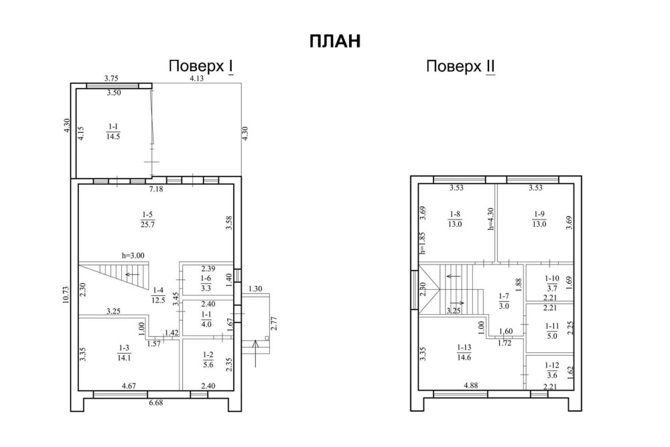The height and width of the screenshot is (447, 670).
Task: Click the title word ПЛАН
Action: (x=335, y=41)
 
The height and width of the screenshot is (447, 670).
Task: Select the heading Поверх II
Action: (x=461, y=66)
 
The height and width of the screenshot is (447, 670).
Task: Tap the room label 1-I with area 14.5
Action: (x=113, y=132)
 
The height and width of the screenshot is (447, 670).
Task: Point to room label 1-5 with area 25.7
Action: (x=147, y=219)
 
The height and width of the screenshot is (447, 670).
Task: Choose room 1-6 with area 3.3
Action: (x=206, y=283)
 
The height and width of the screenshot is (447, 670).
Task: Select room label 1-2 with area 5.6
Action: (x=208, y=360)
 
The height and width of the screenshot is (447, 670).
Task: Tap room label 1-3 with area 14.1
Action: (x=124, y=353)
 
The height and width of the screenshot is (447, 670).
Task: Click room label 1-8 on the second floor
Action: (x=455, y=219)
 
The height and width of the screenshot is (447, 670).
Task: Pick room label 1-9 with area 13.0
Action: (x=539, y=219)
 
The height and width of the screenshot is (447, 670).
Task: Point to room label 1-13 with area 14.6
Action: (x=464, y=352)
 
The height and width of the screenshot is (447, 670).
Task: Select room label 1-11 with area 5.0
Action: (x=552, y=331)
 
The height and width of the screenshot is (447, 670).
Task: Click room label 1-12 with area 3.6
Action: (x=552, y=370)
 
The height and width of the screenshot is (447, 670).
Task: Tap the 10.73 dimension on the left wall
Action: (x=66, y=294)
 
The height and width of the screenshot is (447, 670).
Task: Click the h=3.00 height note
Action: (x=133, y=256)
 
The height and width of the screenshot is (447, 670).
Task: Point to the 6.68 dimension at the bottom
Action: (x=156, y=403)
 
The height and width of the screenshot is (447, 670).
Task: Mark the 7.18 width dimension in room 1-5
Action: (x=156, y=189)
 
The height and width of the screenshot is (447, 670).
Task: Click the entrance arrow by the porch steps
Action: (x=255, y=354)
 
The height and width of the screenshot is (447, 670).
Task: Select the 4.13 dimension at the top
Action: (x=196, y=79)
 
